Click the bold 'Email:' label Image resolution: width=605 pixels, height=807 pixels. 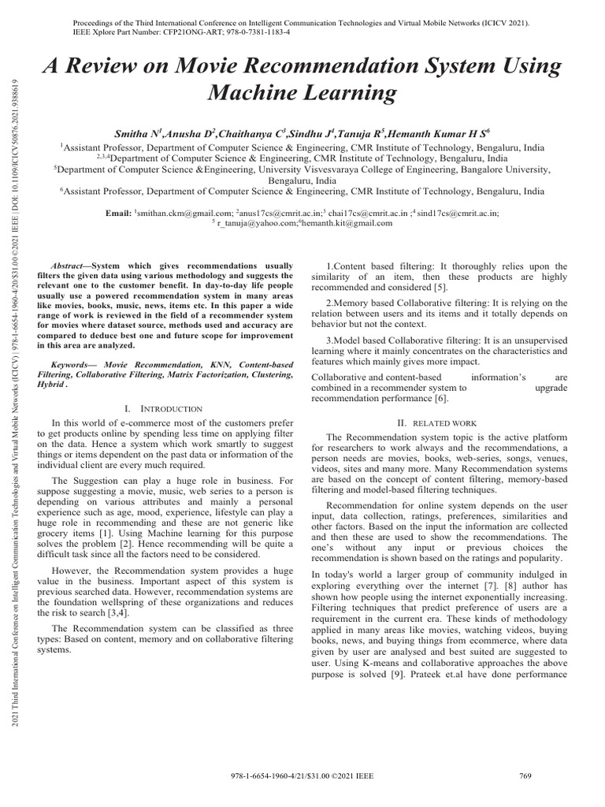121,213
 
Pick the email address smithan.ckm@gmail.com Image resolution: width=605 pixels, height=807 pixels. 185,213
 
